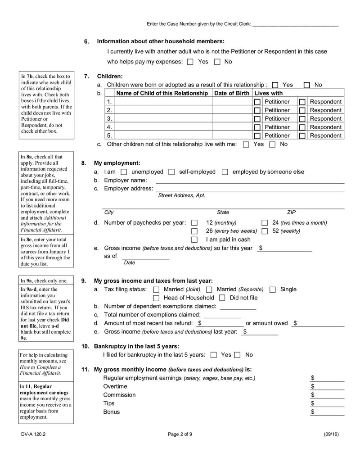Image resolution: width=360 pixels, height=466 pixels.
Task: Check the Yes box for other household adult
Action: coord(190,62)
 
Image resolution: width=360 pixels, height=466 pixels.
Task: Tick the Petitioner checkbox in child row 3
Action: coord(257,119)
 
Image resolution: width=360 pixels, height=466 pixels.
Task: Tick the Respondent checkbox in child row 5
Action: coord(302,136)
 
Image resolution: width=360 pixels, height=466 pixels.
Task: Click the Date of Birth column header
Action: coord(232,93)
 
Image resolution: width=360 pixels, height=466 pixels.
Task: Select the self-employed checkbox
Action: coord(171,172)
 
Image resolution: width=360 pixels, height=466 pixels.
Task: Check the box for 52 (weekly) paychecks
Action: coord(265,231)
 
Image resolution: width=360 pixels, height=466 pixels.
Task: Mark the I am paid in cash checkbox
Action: coord(194,240)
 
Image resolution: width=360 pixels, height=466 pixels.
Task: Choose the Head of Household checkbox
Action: coord(156,298)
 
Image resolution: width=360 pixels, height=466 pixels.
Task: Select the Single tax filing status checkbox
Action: coord(272,290)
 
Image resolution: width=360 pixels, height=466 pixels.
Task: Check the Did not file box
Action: coord(222,298)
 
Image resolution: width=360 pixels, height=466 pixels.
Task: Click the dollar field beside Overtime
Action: coord(329,387)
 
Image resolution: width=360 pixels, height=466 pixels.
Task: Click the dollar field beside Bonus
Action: coord(329,412)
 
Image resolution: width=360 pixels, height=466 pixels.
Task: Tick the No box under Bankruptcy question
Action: coord(238,355)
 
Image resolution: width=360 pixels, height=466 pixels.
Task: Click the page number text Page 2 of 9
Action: coord(180,447)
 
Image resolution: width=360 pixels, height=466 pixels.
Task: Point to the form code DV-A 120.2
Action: coord(30,447)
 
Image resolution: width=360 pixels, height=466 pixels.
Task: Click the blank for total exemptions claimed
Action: coord(222,315)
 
